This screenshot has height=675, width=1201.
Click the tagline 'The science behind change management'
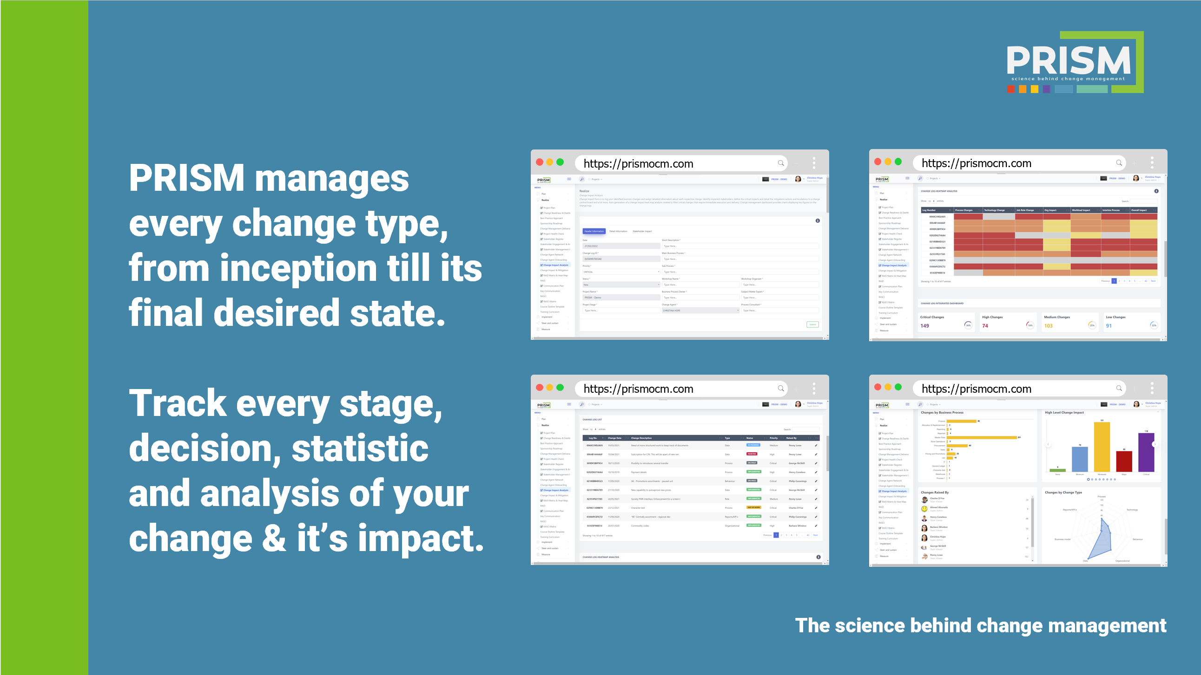980,626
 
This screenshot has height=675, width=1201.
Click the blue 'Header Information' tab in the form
594,231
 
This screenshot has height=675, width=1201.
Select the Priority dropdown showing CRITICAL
620,272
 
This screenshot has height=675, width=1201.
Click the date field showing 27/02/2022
620,246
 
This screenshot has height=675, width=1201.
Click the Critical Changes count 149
924,326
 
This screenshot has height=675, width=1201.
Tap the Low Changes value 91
1109,326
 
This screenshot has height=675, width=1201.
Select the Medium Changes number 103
1048,326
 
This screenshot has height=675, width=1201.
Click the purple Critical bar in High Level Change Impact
1146,452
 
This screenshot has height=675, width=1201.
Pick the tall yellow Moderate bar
1102,447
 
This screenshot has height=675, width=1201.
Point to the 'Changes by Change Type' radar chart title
1063,493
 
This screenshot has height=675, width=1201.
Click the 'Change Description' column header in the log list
641,438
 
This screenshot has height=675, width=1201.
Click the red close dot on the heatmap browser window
878,162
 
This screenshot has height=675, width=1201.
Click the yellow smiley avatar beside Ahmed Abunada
924,509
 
